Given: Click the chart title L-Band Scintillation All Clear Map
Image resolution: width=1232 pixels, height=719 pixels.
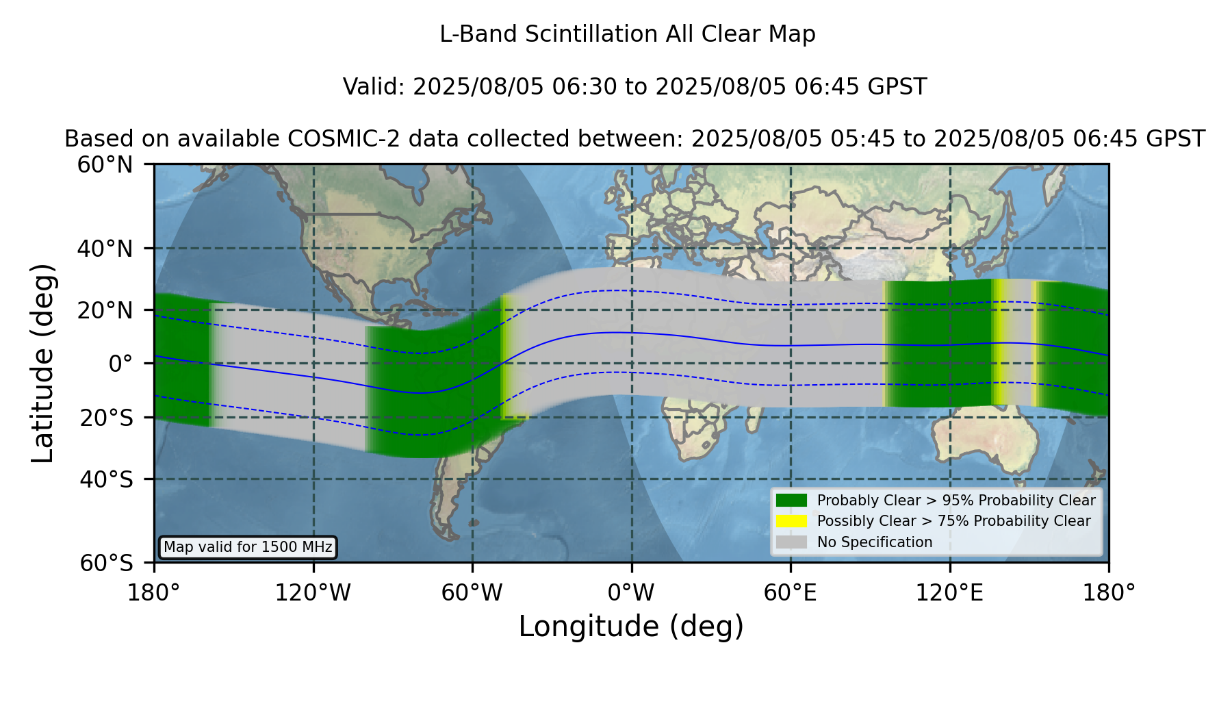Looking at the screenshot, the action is click(x=628, y=34).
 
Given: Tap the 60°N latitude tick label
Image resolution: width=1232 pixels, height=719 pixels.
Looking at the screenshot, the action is click(x=105, y=165).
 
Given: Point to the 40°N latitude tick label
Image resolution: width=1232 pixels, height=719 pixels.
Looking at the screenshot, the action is click(x=105, y=249).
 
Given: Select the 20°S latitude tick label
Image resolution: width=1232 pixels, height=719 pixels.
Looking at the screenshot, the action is click(x=107, y=418).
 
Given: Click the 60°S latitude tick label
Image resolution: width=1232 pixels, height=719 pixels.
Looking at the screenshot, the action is click(x=107, y=564).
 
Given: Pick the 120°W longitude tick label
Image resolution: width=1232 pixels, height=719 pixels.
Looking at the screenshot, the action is click(x=313, y=593).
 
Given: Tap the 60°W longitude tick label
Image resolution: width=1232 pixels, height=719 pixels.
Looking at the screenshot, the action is click(x=472, y=593).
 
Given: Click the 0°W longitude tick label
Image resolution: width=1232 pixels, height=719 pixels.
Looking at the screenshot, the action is click(x=631, y=593).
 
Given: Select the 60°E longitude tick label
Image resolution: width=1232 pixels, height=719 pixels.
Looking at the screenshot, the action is click(x=791, y=593).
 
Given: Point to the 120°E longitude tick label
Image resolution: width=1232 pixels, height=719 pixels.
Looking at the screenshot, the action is click(x=950, y=593).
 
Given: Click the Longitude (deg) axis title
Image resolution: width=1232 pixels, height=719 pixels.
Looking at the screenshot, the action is click(x=631, y=627).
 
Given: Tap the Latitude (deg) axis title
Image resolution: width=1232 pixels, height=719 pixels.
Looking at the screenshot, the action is click(x=43, y=363).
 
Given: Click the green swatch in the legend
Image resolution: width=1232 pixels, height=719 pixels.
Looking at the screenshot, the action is click(x=791, y=500).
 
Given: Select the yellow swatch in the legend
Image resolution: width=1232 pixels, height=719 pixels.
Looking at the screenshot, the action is click(x=791, y=521).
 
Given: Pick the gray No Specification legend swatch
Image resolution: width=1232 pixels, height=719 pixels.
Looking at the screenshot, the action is click(x=791, y=542).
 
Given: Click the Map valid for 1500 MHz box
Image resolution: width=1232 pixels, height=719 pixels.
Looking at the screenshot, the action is click(x=248, y=547).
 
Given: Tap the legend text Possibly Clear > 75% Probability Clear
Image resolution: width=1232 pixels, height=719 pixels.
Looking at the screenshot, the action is click(x=954, y=521).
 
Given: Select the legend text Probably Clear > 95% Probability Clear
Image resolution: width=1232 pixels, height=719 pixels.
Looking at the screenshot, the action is click(x=956, y=501).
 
